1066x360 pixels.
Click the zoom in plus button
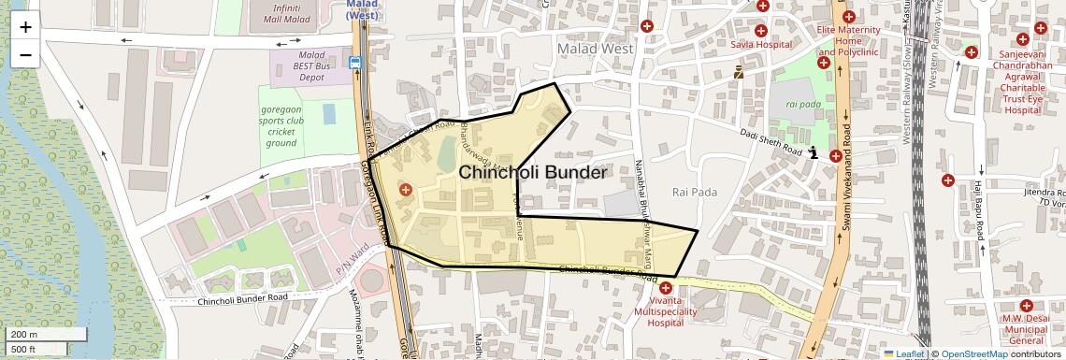tap(25, 27)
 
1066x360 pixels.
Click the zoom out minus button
tap(25, 54)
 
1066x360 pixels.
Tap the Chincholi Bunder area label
tap(532, 173)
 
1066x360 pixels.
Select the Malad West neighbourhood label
tap(594, 49)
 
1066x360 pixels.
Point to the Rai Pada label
tap(695, 192)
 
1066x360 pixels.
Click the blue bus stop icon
tap(355, 64)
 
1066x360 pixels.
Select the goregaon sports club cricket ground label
tap(281, 126)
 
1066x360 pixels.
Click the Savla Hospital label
tap(761, 44)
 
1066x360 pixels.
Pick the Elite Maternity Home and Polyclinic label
tap(848, 41)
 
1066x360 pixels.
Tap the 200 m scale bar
tap(47, 335)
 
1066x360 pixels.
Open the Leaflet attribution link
tap(904, 353)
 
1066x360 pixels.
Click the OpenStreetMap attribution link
tap(973, 353)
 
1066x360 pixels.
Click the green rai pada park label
tap(803, 104)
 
